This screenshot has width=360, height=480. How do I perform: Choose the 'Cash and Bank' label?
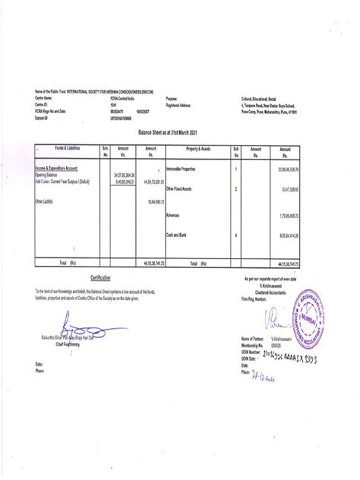[x=177, y=235]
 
